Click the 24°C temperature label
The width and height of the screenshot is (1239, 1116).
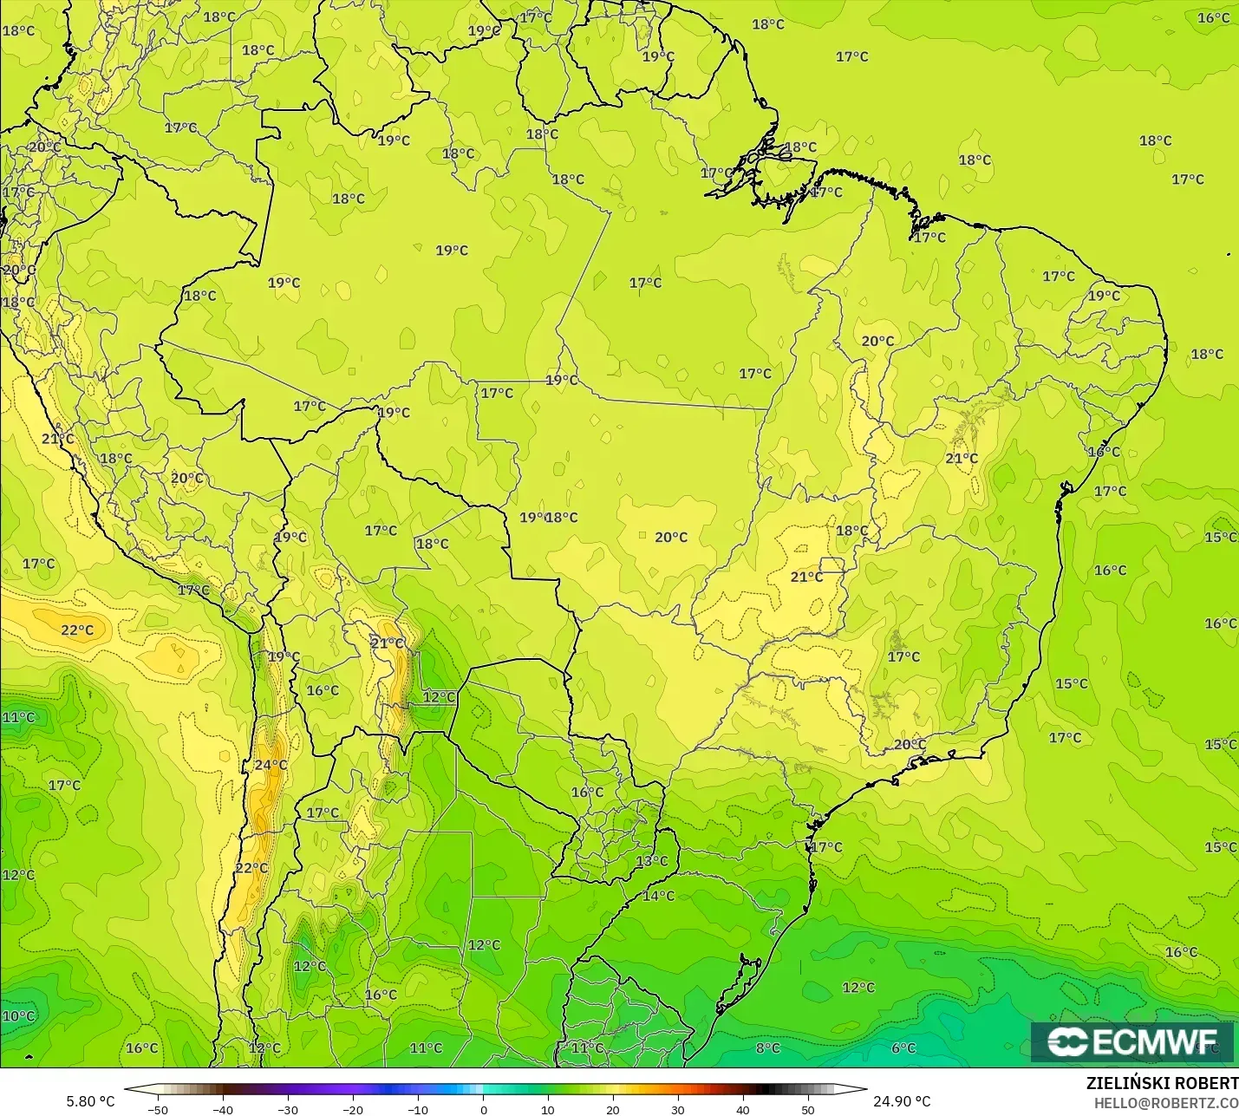coord(271,765)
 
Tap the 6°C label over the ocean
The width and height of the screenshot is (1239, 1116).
coord(903,1048)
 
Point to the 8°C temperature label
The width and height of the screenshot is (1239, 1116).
coord(767,1048)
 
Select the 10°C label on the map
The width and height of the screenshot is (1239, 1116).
coord(18,1016)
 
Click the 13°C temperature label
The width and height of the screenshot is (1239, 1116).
coord(652,861)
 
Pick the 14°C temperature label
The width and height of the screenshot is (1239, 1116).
coord(658,896)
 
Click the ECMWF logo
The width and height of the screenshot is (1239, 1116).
coord(1131,1041)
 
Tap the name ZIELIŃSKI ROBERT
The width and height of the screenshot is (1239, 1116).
coord(1162,1083)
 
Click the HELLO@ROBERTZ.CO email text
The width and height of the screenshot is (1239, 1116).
coord(1165,1102)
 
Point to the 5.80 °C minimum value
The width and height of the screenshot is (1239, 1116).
coord(90,1101)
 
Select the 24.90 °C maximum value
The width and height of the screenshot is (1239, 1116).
coord(902,1101)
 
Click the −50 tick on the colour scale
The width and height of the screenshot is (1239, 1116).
coord(157,1109)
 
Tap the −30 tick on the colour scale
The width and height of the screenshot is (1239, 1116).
coord(287,1109)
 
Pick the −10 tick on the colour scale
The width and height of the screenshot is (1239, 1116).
coord(417,1109)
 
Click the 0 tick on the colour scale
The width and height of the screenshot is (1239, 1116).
coord(484,1109)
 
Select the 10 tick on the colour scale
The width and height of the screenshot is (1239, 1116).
coord(548,1109)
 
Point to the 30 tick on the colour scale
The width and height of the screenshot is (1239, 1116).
coord(678,1109)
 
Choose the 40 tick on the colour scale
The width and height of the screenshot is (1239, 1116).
coord(743,1109)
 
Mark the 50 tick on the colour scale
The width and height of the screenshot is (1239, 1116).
coord(808,1109)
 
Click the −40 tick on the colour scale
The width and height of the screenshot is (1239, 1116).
coord(222,1109)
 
